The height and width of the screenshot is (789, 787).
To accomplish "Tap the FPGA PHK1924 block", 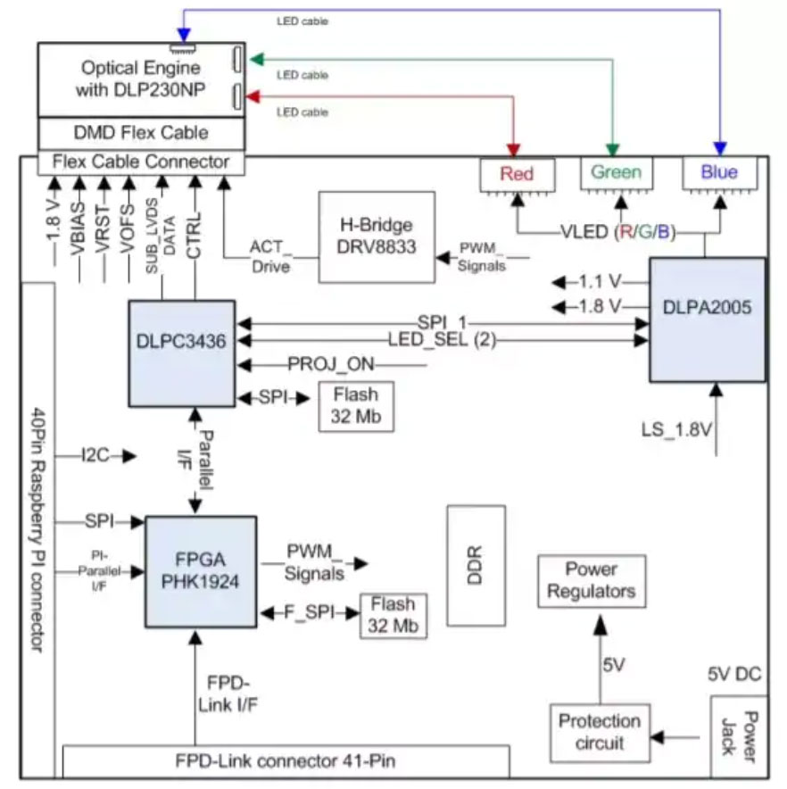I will tap(201, 572).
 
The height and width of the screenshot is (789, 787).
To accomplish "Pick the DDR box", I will tap(475, 564).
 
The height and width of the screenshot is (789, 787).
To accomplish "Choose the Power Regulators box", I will tap(591, 581).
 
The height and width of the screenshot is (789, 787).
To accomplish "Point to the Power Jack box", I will tap(736, 737).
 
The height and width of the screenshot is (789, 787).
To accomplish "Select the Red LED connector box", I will tap(518, 173).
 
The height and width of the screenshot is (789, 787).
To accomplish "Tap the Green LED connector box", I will tap(617, 172).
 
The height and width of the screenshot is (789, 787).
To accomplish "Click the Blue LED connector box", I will tap(719, 172).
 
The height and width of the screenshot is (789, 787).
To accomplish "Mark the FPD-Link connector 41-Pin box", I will tap(286, 761).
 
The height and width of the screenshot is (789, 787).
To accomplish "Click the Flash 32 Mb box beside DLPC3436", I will tap(355, 404).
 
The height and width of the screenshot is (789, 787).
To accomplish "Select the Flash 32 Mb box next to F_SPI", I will tap(393, 615).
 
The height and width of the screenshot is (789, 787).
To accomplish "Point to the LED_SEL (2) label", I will tap(442, 340).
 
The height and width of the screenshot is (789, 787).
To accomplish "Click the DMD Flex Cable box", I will tap(140, 133).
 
